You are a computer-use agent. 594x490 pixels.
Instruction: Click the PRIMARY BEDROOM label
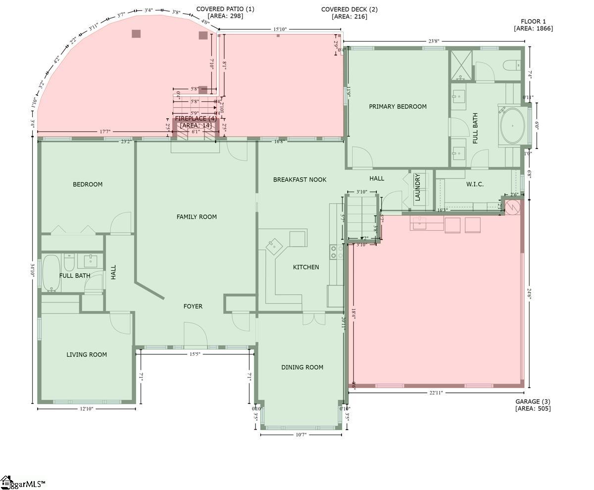tap(397, 106)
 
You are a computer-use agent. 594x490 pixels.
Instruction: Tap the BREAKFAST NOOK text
tap(299, 180)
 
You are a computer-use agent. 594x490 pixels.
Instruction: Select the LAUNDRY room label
tap(417, 187)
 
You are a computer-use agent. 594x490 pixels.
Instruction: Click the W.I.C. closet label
tap(475, 184)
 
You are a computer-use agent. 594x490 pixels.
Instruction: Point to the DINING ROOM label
tap(302, 367)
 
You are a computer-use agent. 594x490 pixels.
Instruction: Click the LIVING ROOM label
tap(87, 354)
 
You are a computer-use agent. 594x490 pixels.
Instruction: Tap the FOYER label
tap(193, 306)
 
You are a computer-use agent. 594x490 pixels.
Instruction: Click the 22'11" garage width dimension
tap(436, 392)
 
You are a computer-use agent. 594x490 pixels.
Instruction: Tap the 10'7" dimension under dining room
tap(300, 435)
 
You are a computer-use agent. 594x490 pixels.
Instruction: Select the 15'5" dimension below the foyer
tap(195, 354)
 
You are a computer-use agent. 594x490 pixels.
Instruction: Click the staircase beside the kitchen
tap(361, 218)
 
